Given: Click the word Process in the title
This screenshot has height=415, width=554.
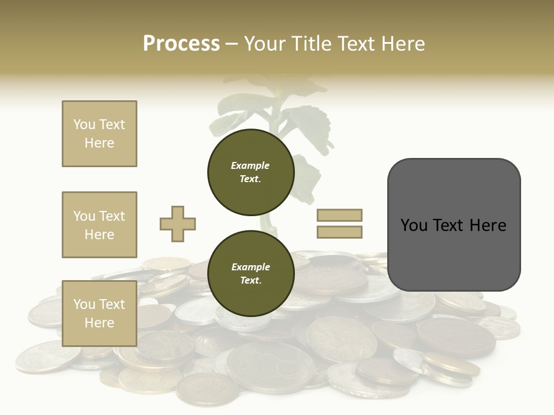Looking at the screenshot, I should pos(181,44).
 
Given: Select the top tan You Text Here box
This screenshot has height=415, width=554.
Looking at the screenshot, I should pos(99,134).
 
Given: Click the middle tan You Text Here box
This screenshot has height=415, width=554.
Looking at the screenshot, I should pos(99,225).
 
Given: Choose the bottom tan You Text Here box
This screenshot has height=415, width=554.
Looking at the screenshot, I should pos(99,313).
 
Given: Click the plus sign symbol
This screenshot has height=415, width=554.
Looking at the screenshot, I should pos(178,224).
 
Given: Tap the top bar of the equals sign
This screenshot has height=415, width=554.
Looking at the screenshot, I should pos(339,215).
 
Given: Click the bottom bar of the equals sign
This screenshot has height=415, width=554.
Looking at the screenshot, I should pos(339,232).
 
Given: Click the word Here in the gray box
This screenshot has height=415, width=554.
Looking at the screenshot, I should pos(488,225).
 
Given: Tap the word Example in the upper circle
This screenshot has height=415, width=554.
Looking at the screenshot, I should pos(250,165).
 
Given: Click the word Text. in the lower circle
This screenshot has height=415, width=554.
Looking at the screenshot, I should pos(250,281).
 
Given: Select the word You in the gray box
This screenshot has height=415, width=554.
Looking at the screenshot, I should pos(414,225).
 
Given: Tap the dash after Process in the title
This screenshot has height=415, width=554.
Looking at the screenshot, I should pos(231,44).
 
